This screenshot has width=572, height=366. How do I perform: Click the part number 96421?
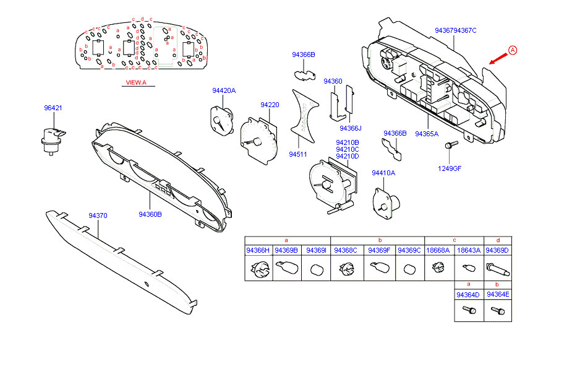click(x=53, y=108)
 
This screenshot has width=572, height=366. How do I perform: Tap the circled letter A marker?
click(x=512, y=50)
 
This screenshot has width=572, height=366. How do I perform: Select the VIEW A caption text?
click(x=136, y=82)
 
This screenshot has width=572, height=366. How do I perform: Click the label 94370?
click(x=98, y=216)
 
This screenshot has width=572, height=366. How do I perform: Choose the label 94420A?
click(x=224, y=90)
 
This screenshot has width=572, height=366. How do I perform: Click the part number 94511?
click(x=298, y=154)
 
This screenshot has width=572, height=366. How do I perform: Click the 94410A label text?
click(x=383, y=173)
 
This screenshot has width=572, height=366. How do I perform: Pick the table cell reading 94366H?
click(x=258, y=250)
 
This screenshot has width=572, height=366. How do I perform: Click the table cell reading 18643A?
click(x=468, y=250)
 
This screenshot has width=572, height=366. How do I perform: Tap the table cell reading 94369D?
click(x=497, y=250)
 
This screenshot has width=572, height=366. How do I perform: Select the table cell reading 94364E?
click(x=498, y=295)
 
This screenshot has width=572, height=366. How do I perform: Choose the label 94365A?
click(x=427, y=134)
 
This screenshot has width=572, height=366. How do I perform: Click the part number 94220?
click(x=270, y=105)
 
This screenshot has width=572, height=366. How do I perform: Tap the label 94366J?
click(x=350, y=128)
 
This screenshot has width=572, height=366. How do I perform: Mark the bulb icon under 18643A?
click(x=467, y=268)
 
